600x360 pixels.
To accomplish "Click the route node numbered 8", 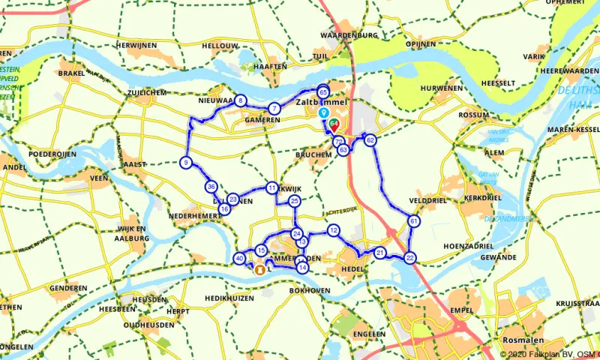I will click(240, 101).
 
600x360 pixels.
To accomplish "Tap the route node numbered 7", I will click(275, 109).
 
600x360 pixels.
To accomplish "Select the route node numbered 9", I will click(185, 163).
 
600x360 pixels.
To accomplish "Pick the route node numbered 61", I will click(414, 221).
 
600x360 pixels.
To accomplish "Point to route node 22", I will click(409, 258).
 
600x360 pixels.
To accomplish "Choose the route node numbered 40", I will click(239, 259).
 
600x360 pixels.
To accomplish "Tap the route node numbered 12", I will click(334, 230).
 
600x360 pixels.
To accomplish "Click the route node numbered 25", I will click(295, 201).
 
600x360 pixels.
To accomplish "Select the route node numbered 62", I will click(370, 139).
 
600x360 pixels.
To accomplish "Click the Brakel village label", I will click(72, 74).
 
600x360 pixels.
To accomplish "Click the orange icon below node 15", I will click(260, 269).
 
